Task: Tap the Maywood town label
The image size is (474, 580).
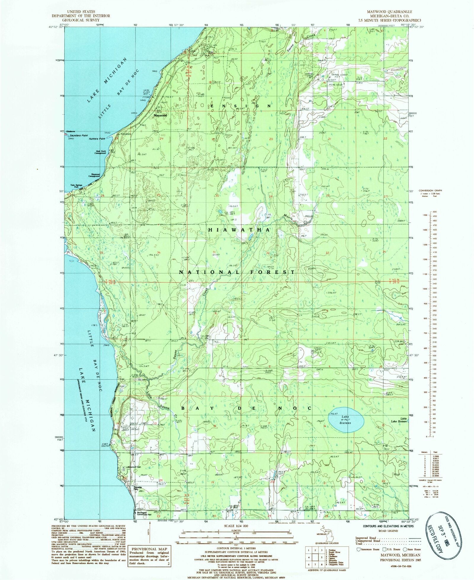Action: click(x=160, y=115)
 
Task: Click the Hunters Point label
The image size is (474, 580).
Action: click(x=98, y=139)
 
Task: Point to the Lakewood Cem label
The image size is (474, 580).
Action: click(x=134, y=467)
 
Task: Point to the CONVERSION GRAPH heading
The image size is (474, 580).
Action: click(x=430, y=191)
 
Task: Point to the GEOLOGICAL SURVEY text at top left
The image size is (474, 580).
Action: click(x=81, y=20)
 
